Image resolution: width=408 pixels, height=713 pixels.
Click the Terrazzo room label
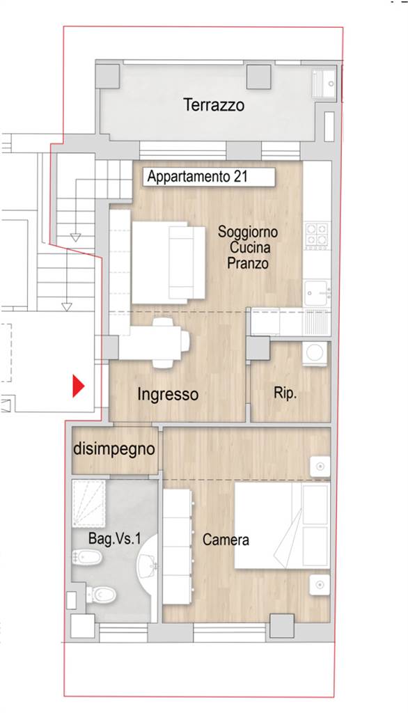(x=214, y=105)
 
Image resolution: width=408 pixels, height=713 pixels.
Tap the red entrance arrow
(x=79, y=386)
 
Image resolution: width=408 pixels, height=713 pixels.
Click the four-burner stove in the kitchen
(x=317, y=235)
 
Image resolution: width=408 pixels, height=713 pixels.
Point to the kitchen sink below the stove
(x=317, y=293)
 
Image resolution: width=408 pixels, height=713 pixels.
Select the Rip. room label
(x=285, y=393)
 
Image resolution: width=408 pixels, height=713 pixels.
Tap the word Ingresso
(x=168, y=395)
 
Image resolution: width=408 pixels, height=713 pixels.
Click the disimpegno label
(x=114, y=449)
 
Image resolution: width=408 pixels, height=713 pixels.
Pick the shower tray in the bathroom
(x=88, y=503)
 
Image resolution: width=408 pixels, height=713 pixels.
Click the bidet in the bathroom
(x=87, y=558)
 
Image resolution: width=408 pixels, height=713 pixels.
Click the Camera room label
(x=226, y=540)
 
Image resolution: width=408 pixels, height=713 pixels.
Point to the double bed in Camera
(x=282, y=525)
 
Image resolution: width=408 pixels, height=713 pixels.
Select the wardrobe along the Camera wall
(x=178, y=547)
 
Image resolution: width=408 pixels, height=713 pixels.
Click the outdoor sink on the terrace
(x=324, y=84)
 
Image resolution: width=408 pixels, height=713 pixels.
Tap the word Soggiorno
(x=247, y=231)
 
